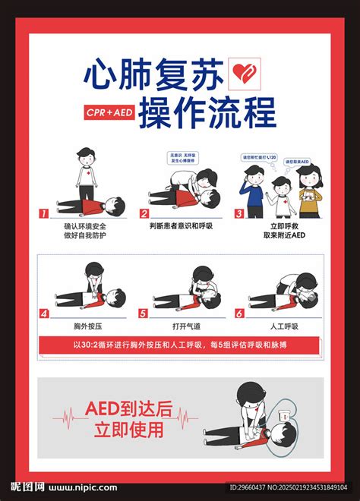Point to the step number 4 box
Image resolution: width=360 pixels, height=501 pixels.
(x=44, y=313)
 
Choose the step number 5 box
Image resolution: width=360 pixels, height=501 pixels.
(x=144, y=313)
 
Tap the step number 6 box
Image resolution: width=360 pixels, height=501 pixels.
(x=239, y=313)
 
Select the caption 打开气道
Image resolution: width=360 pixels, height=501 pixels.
(x=182, y=326)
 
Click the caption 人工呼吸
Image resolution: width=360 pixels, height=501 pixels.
(x=283, y=326)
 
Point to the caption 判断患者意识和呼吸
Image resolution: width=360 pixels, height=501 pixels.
(x=182, y=225)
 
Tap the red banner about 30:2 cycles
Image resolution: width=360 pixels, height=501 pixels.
(x=180, y=345)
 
